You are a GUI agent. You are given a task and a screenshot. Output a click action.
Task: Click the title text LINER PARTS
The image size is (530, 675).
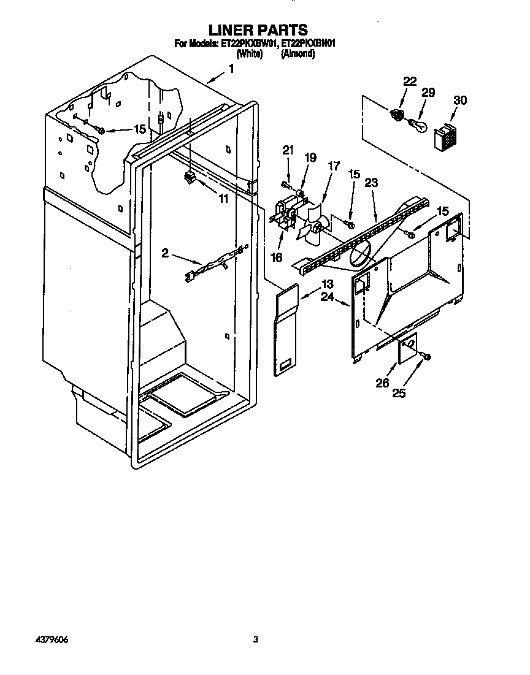pyautogui.click(x=258, y=29)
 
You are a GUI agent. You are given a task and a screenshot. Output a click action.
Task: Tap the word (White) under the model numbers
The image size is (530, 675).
pyautogui.click(x=249, y=54)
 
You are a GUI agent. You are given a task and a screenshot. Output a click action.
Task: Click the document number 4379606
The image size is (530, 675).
pyautogui.click(x=50, y=639)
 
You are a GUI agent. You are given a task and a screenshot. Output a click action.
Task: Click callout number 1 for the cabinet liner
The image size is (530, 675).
pyautogui.click(x=231, y=69)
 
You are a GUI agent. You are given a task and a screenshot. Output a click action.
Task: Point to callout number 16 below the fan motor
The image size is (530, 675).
pyautogui.click(x=277, y=257)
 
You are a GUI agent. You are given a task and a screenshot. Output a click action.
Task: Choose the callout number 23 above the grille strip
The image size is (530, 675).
pyautogui.click(x=371, y=182)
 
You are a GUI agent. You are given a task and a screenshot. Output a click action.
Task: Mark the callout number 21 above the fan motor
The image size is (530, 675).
pyautogui.click(x=288, y=150)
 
